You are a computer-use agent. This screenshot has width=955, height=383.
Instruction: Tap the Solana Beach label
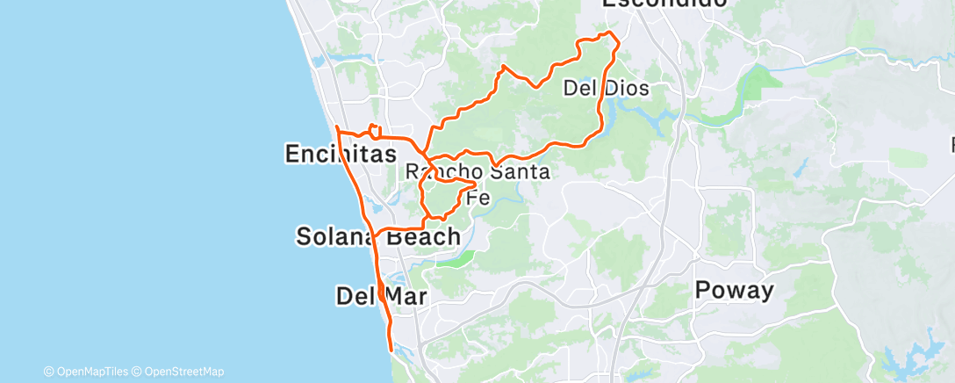(x=378, y=236)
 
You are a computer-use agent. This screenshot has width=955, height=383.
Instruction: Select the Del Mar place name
(x=381, y=296)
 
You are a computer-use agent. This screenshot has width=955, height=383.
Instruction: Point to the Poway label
(x=734, y=291)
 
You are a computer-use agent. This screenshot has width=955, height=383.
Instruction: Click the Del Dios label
(x=606, y=88)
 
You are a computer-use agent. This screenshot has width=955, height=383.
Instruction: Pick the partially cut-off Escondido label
(x=664, y=4)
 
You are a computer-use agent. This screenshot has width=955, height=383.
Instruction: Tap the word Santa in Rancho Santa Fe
(x=521, y=172)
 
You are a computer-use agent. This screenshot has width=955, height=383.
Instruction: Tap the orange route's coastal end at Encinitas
(x=336, y=128)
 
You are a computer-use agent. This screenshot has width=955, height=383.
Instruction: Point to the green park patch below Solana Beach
(x=456, y=258)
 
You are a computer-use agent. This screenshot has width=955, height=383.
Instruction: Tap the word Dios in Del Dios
(x=626, y=88)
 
